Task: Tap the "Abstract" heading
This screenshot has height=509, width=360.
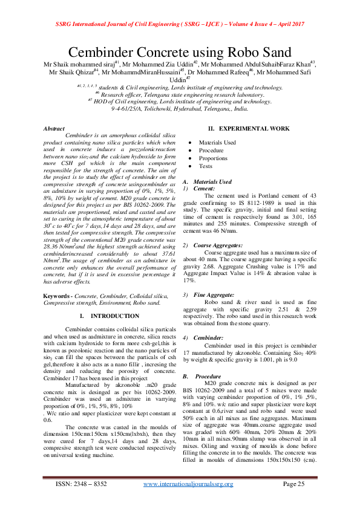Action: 54,128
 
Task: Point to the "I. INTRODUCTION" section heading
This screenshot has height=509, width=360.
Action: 110,316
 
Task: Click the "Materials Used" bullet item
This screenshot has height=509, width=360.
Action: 217,142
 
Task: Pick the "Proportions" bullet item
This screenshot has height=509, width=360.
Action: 214,158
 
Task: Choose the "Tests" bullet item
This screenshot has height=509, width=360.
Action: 206,166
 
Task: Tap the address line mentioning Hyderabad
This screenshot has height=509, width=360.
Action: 180,108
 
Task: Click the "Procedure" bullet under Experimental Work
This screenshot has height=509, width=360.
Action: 211,150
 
